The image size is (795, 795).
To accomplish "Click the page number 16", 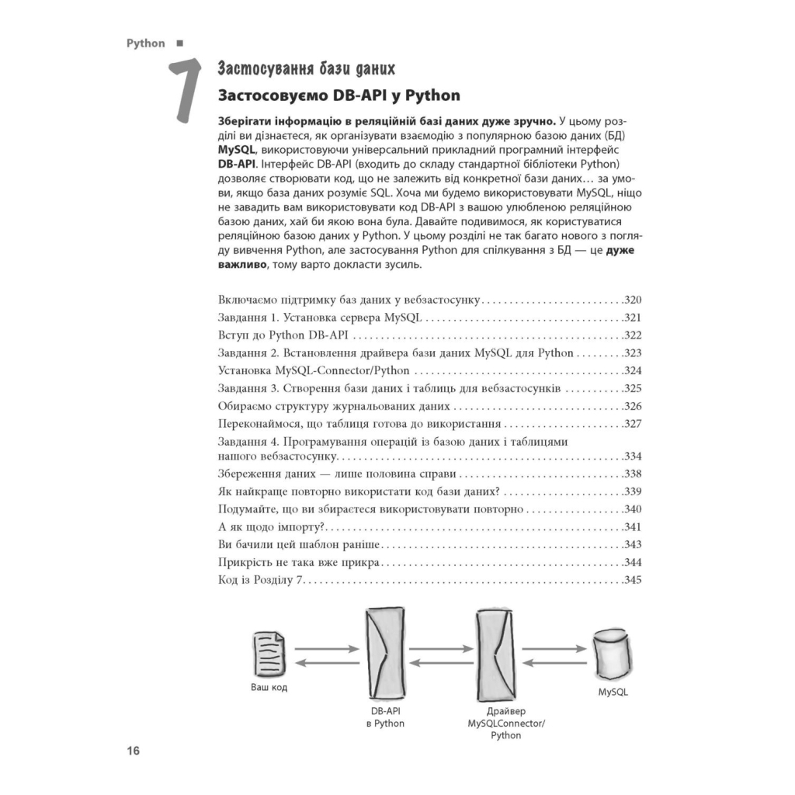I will [133, 751].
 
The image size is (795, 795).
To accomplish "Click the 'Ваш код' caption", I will [269, 689].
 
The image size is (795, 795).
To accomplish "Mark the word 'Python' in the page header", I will [146, 43].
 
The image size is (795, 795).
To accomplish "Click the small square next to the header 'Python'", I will [179, 43].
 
